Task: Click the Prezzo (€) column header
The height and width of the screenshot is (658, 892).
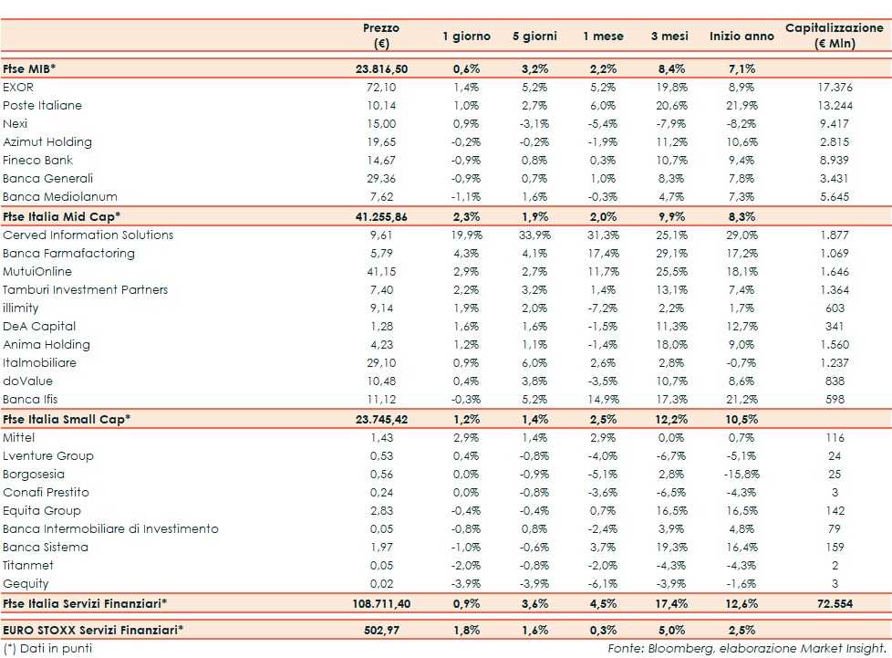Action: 380,36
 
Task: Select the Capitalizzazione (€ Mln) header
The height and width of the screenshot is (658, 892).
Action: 834,36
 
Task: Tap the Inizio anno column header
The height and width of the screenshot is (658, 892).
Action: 741,37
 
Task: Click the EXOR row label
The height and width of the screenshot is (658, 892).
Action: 18,87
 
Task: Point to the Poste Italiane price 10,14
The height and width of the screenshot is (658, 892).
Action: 380,105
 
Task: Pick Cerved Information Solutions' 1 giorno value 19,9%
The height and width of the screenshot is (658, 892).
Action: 466,235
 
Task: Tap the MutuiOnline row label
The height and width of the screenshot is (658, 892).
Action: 37,271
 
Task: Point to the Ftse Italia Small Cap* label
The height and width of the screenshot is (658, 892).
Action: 67,419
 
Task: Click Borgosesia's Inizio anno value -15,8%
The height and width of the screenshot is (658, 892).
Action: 740,474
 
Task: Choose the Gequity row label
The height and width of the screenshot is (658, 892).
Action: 26,583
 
